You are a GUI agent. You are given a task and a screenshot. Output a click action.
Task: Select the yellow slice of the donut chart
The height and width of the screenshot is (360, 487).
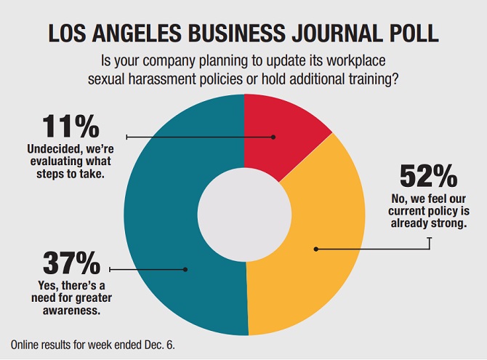(x=320, y=240)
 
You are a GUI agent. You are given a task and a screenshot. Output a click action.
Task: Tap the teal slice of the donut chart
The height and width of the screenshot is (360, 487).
(x=167, y=218)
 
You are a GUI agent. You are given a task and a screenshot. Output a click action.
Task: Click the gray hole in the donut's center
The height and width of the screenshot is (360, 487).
(x=245, y=215)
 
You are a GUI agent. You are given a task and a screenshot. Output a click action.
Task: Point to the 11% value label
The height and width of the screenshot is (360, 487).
(x=71, y=127)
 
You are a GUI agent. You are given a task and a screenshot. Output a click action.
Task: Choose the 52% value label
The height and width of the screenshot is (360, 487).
(x=428, y=176)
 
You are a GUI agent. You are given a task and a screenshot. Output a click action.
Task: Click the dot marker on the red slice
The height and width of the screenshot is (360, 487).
(x=274, y=136)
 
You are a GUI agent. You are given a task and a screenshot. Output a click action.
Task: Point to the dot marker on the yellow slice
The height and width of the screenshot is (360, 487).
(x=316, y=249)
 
